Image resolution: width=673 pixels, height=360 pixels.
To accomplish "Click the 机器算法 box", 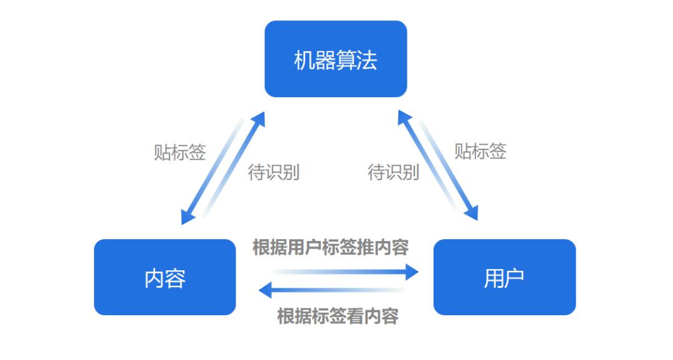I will [335, 59].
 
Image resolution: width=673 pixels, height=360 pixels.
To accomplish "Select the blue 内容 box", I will [165, 277].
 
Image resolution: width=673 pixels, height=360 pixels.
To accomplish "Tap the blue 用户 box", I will [504, 277].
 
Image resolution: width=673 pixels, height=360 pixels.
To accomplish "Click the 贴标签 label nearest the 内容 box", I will [180, 153].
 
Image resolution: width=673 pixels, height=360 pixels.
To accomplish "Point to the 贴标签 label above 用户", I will [480, 151].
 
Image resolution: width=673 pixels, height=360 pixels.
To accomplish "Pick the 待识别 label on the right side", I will [393, 172].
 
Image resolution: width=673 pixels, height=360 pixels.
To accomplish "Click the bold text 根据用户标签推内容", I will [330, 247].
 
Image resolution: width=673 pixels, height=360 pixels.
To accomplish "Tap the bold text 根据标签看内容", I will [338, 316].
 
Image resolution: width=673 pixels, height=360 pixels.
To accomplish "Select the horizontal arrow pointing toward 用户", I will [346, 271].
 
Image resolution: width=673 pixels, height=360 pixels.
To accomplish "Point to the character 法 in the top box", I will [368, 60].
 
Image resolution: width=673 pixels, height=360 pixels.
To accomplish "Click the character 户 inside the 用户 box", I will [515, 278].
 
